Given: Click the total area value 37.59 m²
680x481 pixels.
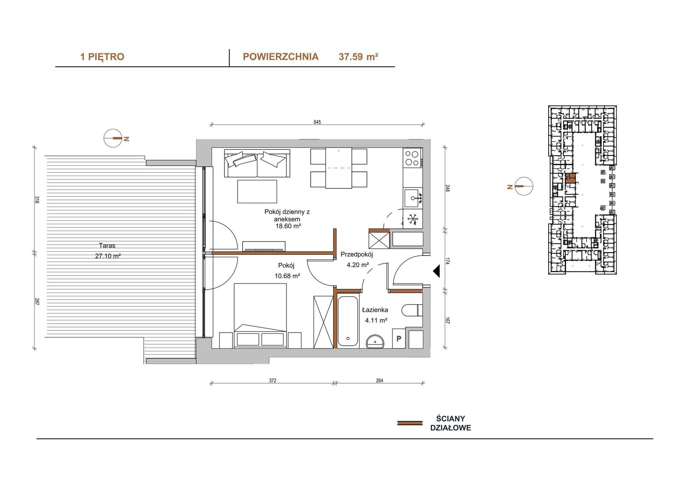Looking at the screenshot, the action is (358, 57).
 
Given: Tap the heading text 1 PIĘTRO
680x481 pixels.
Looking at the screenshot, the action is (102, 57).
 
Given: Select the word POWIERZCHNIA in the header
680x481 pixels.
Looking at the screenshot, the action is (280, 57).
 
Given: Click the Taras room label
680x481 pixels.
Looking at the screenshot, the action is (107, 245).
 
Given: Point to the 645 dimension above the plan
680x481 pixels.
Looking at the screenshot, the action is (317, 122).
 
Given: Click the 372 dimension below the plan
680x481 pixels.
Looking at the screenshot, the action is (272, 381).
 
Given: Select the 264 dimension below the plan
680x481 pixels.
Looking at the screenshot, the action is (380, 381).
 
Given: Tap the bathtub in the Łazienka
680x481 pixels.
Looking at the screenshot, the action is (348, 321).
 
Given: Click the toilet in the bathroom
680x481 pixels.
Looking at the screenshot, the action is (412, 310).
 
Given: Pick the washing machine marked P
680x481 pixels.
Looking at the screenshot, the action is (399, 338).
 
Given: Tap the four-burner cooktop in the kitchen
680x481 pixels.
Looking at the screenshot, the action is (413, 158).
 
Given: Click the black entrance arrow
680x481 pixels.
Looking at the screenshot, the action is (436, 271).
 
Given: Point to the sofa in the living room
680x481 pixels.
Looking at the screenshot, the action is (257, 163).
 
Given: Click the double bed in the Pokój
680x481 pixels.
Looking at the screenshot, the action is (261, 316).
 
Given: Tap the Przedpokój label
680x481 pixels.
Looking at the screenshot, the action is (357, 254).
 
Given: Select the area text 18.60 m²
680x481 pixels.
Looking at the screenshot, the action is (288, 226).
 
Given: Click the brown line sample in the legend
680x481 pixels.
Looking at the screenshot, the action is (410, 423).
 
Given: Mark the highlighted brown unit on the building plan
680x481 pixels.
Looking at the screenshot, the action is (570, 178).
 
